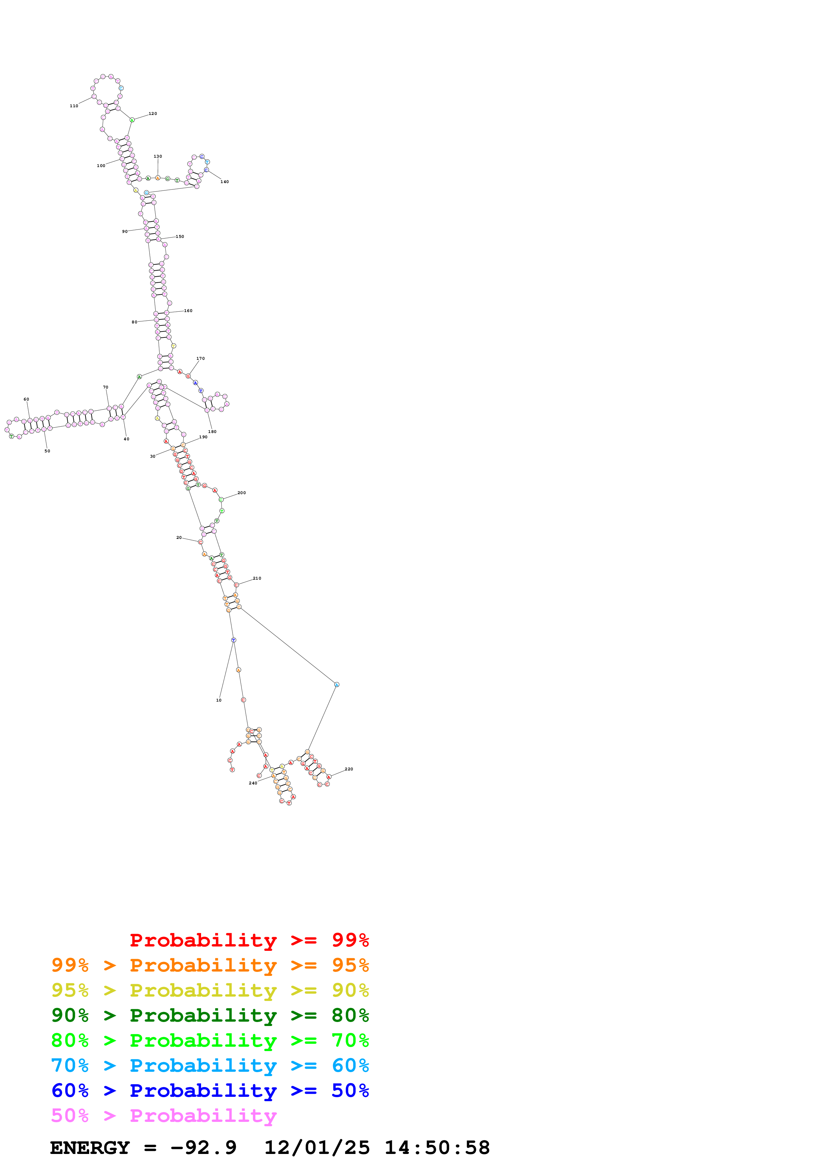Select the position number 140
(224, 182)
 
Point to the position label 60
(26, 399)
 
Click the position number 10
(219, 700)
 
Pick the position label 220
(349, 769)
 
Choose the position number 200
(242, 492)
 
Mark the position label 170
(200, 358)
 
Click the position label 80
(134, 322)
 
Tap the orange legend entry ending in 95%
(210, 965)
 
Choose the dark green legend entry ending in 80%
(210, 1015)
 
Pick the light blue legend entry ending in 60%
(210, 1065)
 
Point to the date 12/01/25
(317, 1148)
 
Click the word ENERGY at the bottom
(90, 1148)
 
